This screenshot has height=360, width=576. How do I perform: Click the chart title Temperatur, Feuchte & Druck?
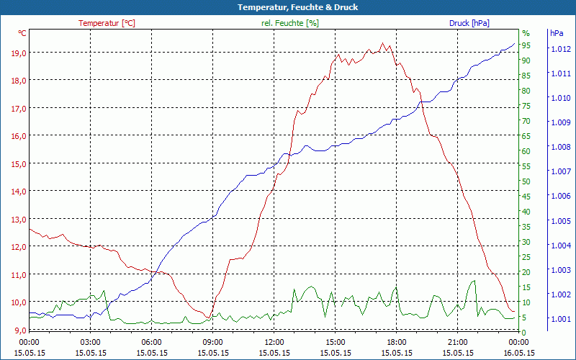(x=288, y=7)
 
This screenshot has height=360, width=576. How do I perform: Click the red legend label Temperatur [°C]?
(x=107, y=23)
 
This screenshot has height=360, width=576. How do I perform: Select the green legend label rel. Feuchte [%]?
(x=289, y=23)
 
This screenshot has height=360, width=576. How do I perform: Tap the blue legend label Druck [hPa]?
(x=469, y=23)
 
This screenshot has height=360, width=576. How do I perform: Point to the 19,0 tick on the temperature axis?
(x=18, y=53)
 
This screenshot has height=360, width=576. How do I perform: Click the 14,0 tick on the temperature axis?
(x=18, y=192)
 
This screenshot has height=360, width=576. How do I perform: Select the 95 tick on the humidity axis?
(x=526, y=45)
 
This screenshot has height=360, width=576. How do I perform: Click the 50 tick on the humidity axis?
(x=526, y=181)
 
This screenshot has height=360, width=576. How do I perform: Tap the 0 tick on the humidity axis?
(x=524, y=332)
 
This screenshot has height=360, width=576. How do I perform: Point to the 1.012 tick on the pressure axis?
(x=560, y=49)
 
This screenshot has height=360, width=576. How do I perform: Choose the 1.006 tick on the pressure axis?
(x=560, y=196)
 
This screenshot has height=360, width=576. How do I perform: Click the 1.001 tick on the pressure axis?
(x=560, y=319)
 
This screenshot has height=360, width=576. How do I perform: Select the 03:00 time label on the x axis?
(x=90, y=342)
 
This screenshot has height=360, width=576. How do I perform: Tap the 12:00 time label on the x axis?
(x=274, y=342)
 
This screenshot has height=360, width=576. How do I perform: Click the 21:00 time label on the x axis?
(x=457, y=342)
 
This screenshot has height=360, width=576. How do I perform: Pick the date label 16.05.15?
(x=518, y=353)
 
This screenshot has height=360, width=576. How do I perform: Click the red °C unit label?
(x=22, y=33)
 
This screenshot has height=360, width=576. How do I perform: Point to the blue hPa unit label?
(x=557, y=33)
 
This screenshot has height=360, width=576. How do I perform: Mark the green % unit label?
(x=526, y=33)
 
